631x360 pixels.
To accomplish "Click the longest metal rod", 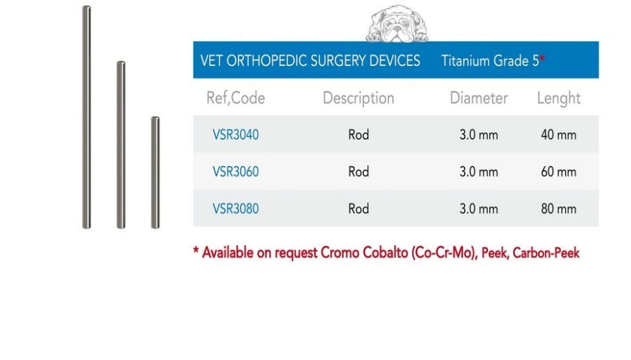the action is tap(87, 117).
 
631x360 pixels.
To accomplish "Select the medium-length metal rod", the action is tap(121, 145).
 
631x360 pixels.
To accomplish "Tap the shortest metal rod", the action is tap(155, 173).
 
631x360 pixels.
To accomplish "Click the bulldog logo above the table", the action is tap(397, 24).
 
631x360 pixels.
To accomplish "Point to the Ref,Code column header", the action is tap(236, 98).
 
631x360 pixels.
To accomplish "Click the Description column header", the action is tap(358, 98).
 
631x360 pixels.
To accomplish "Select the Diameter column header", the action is tap(478, 98).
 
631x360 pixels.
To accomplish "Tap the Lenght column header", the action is tap(559, 98).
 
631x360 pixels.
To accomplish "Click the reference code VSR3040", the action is tap(236, 135).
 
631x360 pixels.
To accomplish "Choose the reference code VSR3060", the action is tap(236, 171).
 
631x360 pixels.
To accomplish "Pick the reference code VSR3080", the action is tap(236, 209).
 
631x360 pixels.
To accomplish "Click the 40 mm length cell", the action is tap(559, 135).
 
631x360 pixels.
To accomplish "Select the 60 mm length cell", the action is tap(559, 171).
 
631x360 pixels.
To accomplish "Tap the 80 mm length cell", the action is tap(559, 209).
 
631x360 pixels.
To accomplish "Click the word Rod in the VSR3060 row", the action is tap(358, 171).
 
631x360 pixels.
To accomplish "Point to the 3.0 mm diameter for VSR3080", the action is tap(478, 209).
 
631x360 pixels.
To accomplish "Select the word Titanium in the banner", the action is tap(465, 61).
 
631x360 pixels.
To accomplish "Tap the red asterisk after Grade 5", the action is tap(542, 58).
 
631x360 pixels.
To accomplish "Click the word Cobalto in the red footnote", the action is tap(385, 253).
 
